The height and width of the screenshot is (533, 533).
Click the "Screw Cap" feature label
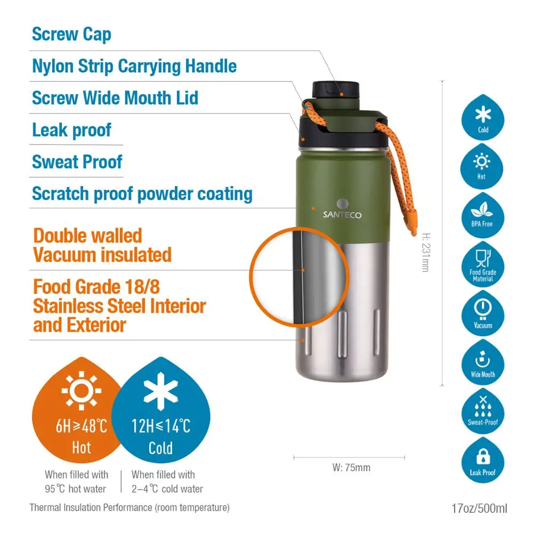(x=71, y=35)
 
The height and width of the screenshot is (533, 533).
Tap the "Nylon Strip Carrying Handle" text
(x=134, y=67)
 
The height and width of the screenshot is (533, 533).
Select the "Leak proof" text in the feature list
(x=71, y=130)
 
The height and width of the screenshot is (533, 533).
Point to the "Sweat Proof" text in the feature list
(x=77, y=162)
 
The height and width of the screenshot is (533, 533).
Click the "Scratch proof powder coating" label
(x=142, y=194)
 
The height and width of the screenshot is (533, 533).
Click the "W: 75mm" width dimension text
(x=351, y=468)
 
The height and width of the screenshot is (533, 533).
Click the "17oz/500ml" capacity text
(x=479, y=508)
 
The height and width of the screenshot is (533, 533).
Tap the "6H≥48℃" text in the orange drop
(x=82, y=426)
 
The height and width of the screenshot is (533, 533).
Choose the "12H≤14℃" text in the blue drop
(x=160, y=426)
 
